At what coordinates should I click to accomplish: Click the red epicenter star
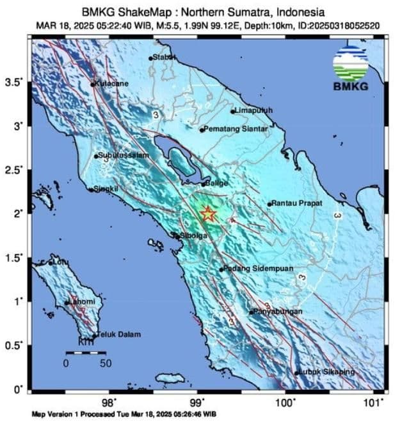(x=208, y=214)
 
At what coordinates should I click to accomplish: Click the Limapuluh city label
(x=254, y=110)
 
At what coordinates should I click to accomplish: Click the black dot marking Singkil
(x=91, y=189)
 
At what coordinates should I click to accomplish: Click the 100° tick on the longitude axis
(x=285, y=402)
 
